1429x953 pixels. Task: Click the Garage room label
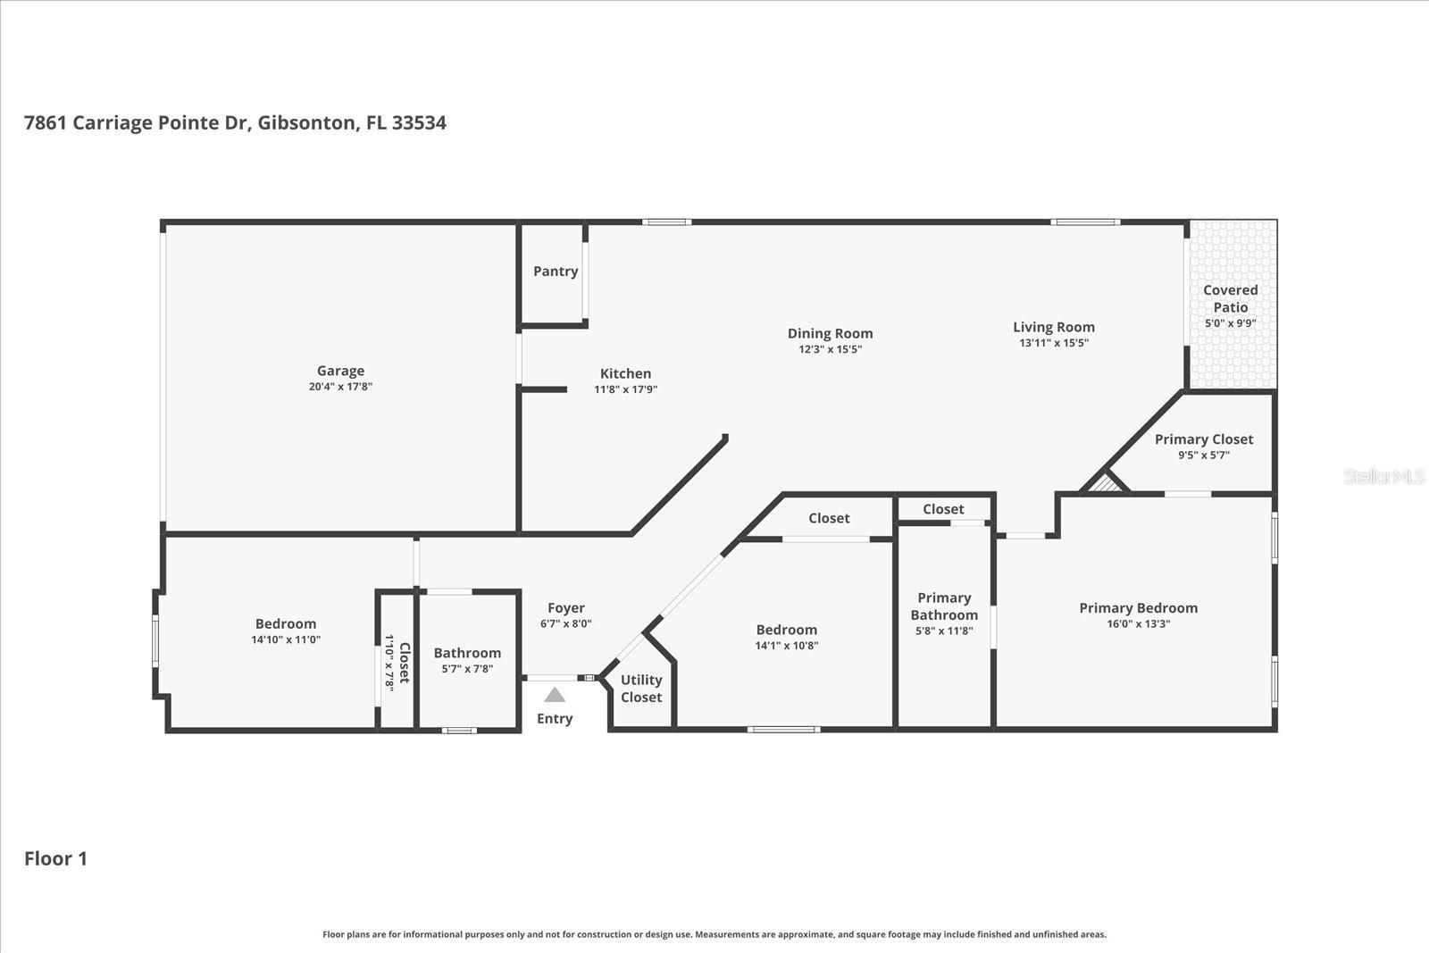(x=340, y=371)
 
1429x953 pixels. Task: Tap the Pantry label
(x=556, y=272)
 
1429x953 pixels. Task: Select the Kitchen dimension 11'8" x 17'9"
(x=625, y=389)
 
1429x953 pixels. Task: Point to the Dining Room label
(x=830, y=333)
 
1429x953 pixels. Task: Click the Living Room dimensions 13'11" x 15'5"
(x=1054, y=343)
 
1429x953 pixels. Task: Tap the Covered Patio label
(x=1230, y=298)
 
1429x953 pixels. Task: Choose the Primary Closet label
(x=1203, y=439)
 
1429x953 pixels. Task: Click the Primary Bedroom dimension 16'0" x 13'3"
(x=1138, y=623)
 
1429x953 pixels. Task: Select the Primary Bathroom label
(x=944, y=606)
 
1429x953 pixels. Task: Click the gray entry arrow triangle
(x=555, y=695)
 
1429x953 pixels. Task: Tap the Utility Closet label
(x=641, y=689)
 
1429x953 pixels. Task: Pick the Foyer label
(x=566, y=608)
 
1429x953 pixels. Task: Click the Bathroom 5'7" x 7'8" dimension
(x=467, y=668)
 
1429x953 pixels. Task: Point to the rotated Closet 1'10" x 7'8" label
(x=397, y=662)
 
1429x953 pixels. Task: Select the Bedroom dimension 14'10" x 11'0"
(x=286, y=640)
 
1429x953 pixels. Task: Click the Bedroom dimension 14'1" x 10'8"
(x=786, y=645)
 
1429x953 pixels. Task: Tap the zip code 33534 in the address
(x=419, y=123)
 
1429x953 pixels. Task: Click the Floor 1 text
(x=55, y=858)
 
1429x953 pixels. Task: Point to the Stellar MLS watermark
(x=1383, y=477)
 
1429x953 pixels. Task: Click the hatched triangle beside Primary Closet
(x=1106, y=484)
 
